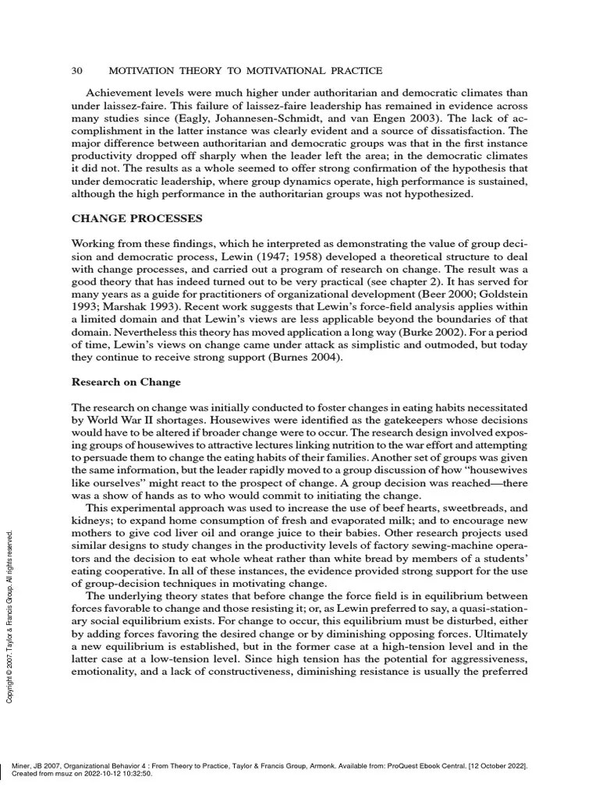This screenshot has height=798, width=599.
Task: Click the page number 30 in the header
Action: (x=77, y=71)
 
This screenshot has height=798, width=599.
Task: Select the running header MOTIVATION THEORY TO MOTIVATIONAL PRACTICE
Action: (x=245, y=71)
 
